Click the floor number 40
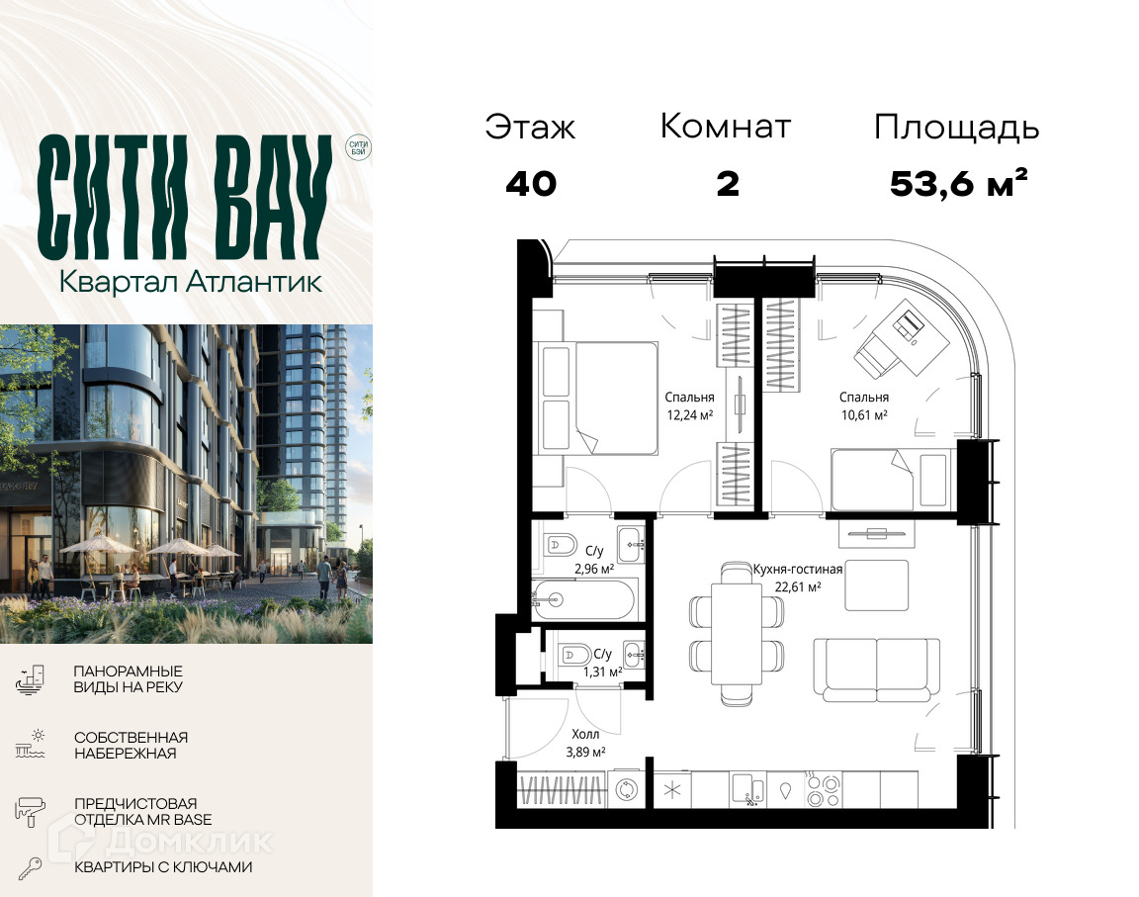pos(531,184)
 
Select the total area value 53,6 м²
pos(958,183)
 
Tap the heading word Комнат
pos(725,127)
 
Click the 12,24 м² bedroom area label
pos(689,415)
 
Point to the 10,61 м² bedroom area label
pos(864,415)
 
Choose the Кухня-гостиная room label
pos(797,570)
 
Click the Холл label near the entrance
pos(585,734)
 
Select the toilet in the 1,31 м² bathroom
pos(573,654)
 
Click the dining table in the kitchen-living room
pos(737,633)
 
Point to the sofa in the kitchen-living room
pos(877,669)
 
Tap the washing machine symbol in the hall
pos(626,789)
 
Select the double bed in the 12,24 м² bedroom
pos(597,399)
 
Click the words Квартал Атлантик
pos(190,282)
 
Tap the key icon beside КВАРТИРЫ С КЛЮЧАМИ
pos(30,868)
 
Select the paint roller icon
pos(30,811)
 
